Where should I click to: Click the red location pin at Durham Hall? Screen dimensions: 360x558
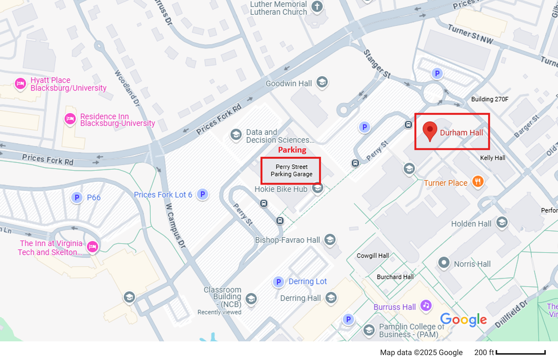pyautogui.click(x=430, y=131)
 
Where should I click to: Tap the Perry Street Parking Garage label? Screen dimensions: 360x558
pyautogui.click(x=291, y=170)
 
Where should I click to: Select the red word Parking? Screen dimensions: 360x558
pyautogui.click(x=292, y=150)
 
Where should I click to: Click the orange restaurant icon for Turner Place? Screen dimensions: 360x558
pyautogui.click(x=478, y=181)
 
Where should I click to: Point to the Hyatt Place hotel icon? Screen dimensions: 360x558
pyautogui.click(x=20, y=83)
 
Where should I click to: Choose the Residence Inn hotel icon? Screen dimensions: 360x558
pyautogui.click(x=70, y=119)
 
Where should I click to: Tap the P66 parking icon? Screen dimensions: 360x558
pyautogui.click(x=77, y=198)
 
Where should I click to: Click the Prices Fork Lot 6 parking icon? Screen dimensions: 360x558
pyautogui.click(x=203, y=194)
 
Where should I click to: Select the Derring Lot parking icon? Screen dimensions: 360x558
pyautogui.click(x=278, y=282)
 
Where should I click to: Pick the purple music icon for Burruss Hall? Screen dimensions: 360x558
pyautogui.click(x=426, y=305)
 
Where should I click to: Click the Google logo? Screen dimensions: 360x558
pyautogui.click(x=463, y=320)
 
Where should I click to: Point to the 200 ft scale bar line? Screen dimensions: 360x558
pyautogui.click(x=521, y=353)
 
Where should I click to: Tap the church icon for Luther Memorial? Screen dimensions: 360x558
pyautogui.click(x=317, y=6)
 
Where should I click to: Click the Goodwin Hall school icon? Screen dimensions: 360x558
pyautogui.click(x=322, y=82)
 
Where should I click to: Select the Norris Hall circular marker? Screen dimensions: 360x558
pyautogui.click(x=444, y=263)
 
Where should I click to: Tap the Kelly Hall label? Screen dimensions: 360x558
pyautogui.click(x=493, y=158)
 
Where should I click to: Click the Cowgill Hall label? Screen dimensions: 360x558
pyautogui.click(x=373, y=256)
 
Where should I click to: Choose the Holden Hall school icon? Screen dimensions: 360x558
pyautogui.click(x=502, y=222)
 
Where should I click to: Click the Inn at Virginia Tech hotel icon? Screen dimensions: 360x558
pyautogui.click(x=92, y=247)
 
